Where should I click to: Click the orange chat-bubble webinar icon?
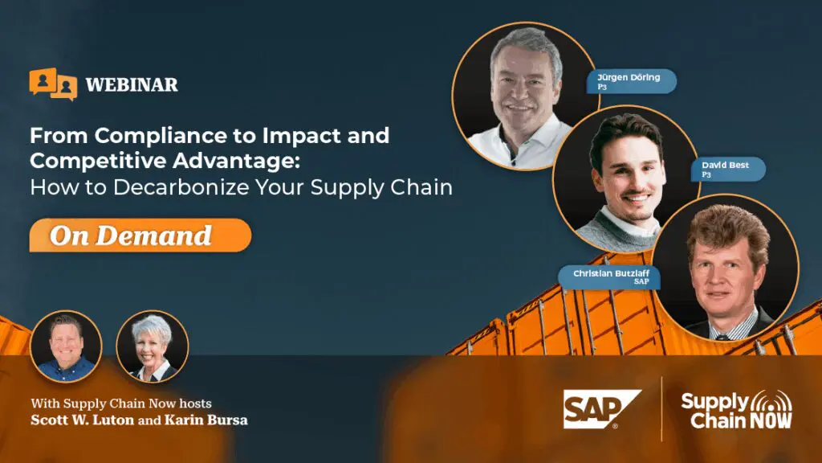(53, 84)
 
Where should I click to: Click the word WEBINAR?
(132, 84)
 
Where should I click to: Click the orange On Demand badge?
(140, 236)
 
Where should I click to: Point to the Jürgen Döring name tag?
(631, 81)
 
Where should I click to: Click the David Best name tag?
(727, 169)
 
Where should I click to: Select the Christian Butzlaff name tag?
(609, 277)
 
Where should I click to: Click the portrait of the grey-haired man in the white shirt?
(526, 96)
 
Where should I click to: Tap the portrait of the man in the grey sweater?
(626, 179)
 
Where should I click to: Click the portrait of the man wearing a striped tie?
(726, 268)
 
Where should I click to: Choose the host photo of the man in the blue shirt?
(66, 346)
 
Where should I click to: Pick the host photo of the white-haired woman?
(152, 346)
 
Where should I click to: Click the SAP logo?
(602, 409)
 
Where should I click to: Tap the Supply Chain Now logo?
(737, 409)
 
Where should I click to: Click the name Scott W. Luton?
(83, 420)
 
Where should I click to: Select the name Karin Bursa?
(206, 420)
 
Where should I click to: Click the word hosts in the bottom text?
(196, 404)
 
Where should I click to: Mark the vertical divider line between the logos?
(661, 409)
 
